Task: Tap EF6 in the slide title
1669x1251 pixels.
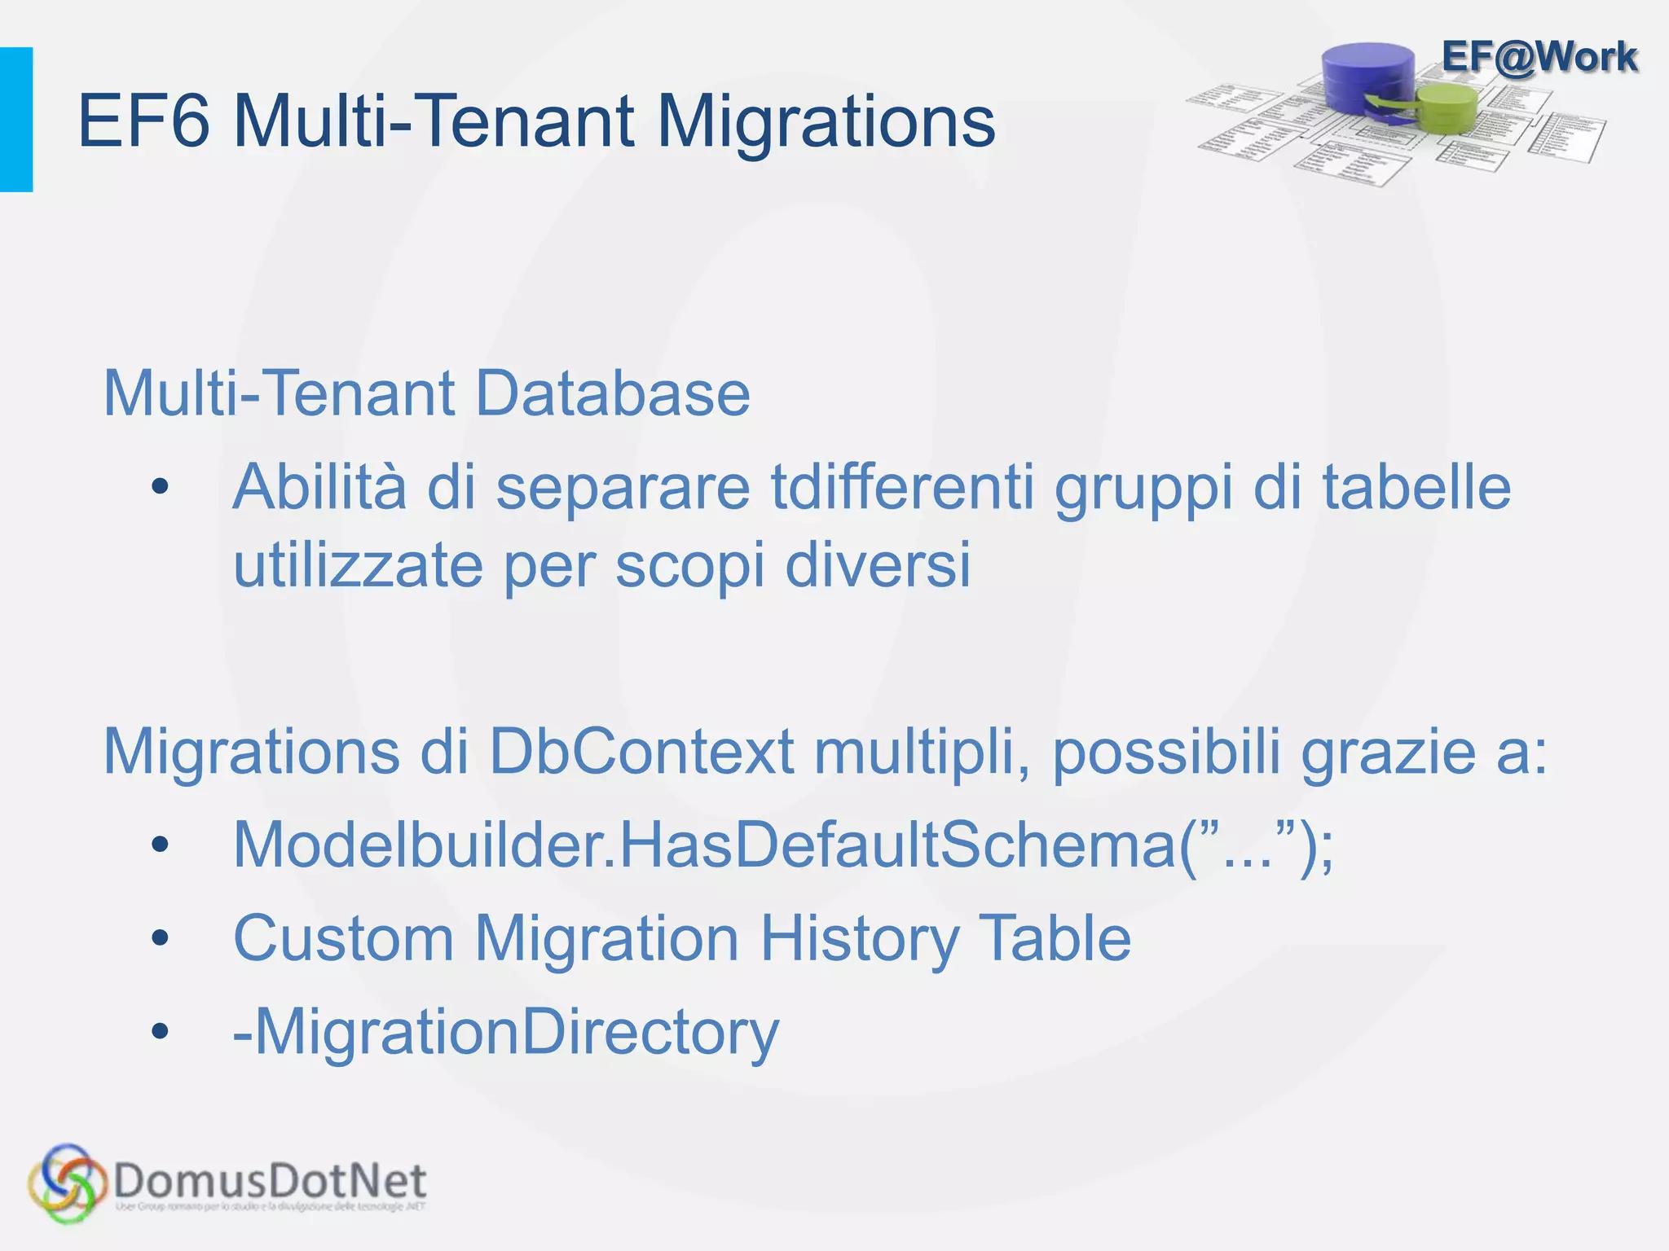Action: pyautogui.click(x=143, y=122)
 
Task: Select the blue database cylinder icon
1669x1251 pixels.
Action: pyautogui.click(x=1369, y=77)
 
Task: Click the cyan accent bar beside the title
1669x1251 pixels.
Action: pyautogui.click(x=16, y=120)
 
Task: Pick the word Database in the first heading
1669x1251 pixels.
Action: pyautogui.click(x=612, y=393)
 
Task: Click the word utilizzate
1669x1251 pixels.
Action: pyautogui.click(x=359, y=565)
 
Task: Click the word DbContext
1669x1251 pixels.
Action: pyautogui.click(x=641, y=751)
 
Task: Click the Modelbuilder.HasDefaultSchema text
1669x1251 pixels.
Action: pyautogui.click(x=782, y=845)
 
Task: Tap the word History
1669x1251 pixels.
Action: pyautogui.click(x=859, y=939)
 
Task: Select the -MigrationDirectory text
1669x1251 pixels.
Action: pyautogui.click(x=506, y=1033)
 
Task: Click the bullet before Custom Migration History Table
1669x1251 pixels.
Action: pyautogui.click(x=160, y=939)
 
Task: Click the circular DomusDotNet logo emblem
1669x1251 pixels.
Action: pyautogui.click(x=67, y=1183)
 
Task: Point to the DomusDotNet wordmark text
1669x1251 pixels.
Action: pyautogui.click(x=271, y=1180)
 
